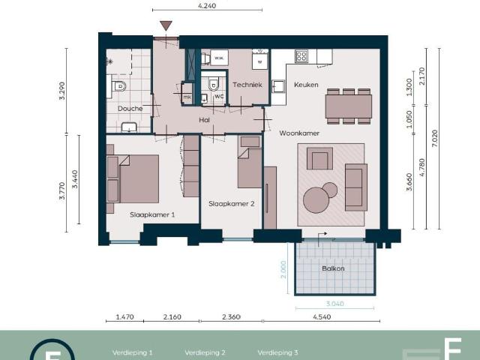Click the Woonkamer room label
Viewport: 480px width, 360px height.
click(x=299, y=133)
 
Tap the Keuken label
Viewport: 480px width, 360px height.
click(x=306, y=85)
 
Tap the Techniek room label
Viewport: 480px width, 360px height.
click(x=247, y=85)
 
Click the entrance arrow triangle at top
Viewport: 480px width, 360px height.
click(x=166, y=26)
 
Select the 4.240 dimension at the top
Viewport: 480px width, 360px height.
click(x=207, y=4)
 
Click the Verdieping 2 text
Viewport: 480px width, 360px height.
click(x=205, y=352)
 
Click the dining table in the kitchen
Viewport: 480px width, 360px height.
click(x=348, y=106)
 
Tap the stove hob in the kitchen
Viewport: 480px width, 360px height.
click(x=301, y=55)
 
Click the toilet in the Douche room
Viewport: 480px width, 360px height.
click(x=118, y=87)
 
